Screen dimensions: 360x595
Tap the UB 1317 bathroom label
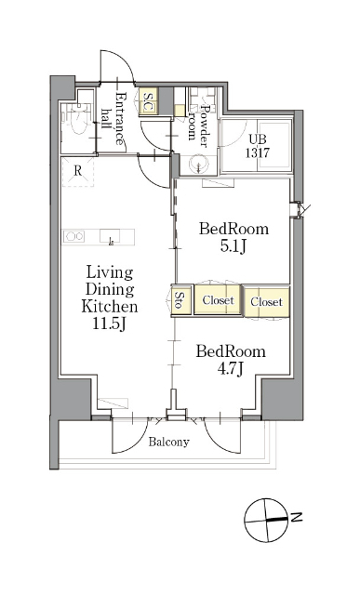257,146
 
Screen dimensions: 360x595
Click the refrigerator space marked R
77,171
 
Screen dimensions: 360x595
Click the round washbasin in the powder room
199,165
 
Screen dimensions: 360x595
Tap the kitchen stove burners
74,237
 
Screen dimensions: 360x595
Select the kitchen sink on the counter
110,236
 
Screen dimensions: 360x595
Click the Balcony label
168,442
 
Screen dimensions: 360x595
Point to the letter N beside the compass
297,517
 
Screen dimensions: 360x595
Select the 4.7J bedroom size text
230,369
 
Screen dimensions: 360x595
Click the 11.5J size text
110,324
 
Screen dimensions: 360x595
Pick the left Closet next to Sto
218,300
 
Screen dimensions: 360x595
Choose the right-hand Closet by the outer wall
267,302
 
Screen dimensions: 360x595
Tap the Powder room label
199,125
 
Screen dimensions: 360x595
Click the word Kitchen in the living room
110,306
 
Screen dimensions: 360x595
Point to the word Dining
110,290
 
